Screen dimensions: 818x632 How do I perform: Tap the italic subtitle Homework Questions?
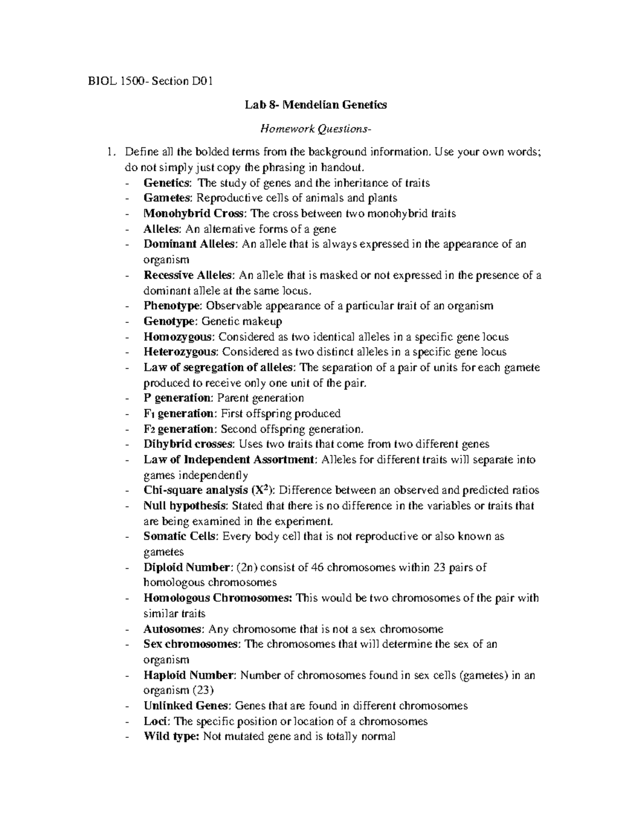[315, 129]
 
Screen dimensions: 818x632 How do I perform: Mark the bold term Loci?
[155, 721]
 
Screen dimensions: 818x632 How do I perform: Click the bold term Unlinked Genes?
[186, 706]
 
